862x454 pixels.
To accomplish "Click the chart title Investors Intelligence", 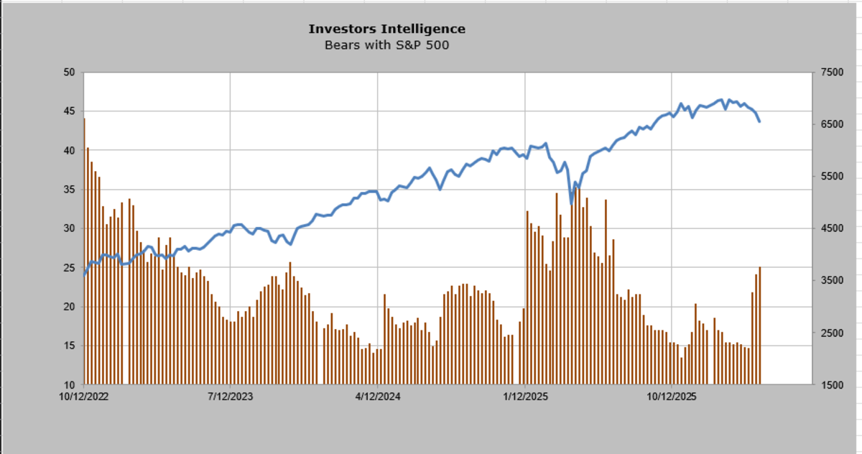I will [386, 29].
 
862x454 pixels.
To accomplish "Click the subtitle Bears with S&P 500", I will [386, 45].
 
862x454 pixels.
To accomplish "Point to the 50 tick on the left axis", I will [69, 73].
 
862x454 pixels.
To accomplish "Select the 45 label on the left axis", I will [69, 111].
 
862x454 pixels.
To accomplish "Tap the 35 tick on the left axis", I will [69, 190].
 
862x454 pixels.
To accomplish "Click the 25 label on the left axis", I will [69, 268].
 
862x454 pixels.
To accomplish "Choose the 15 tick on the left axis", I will [69, 346].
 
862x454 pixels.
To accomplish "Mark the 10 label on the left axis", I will [69, 385].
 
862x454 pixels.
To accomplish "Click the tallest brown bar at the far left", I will [84, 251].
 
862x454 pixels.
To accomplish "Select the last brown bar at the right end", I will [759, 327].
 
